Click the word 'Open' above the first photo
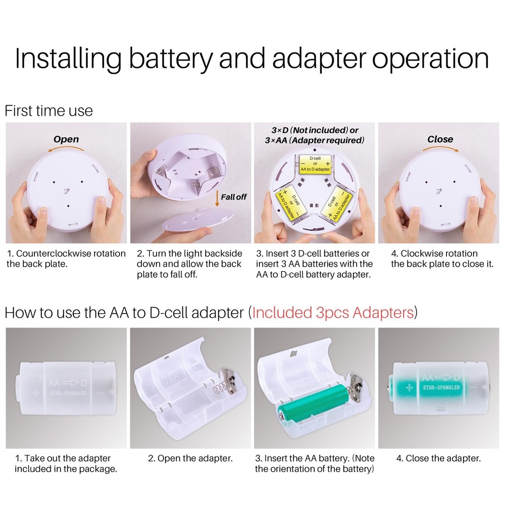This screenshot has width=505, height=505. tap(66, 139)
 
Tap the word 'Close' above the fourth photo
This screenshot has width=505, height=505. tap(440, 139)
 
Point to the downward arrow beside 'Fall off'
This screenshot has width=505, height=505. tap(217, 199)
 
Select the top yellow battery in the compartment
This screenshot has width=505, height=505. tap(314, 163)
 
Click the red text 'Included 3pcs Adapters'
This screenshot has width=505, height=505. tap(333, 313)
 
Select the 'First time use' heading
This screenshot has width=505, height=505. tap(48, 111)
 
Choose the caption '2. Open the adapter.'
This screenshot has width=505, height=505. tap(190, 459)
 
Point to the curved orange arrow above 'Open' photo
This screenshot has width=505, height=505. tap(66, 148)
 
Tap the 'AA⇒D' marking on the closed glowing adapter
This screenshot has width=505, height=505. tap(440, 378)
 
